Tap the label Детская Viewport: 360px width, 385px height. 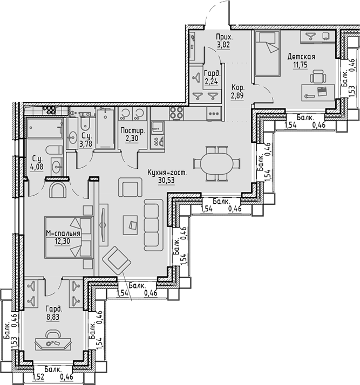[301, 57]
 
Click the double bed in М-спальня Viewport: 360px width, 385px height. [70, 237]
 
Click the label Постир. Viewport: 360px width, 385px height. [132, 130]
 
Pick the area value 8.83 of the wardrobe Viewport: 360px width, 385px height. [53, 318]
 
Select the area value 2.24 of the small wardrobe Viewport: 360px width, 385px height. [210, 82]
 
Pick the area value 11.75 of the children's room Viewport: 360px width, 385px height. [300, 65]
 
